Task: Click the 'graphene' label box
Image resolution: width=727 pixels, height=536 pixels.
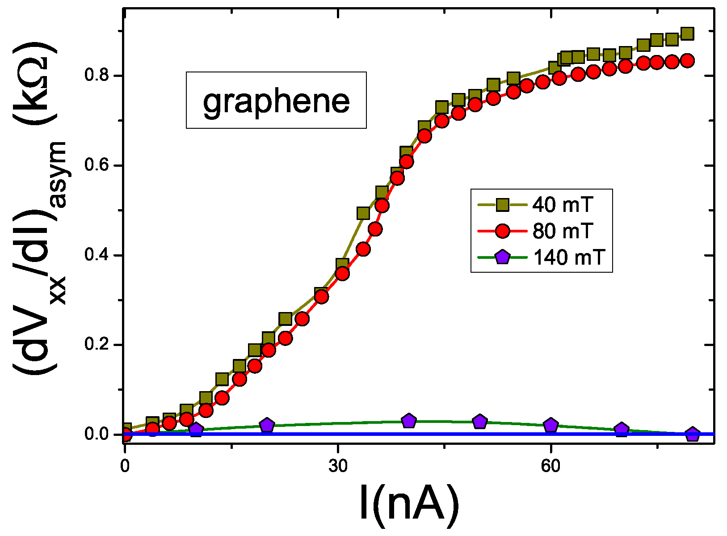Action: coord(276,100)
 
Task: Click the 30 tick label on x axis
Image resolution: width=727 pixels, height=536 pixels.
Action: coord(338,466)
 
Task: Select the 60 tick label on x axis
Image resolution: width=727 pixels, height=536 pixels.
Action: coord(551,466)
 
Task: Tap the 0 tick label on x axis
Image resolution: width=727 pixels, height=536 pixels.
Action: coord(125,466)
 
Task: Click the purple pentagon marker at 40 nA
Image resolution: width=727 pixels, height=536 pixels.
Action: coord(409,421)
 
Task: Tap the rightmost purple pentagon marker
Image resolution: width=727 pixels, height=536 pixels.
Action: coord(692,434)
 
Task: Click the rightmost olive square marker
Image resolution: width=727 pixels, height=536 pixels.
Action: coord(687,34)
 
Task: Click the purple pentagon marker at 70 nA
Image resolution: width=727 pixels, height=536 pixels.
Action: coord(621,430)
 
